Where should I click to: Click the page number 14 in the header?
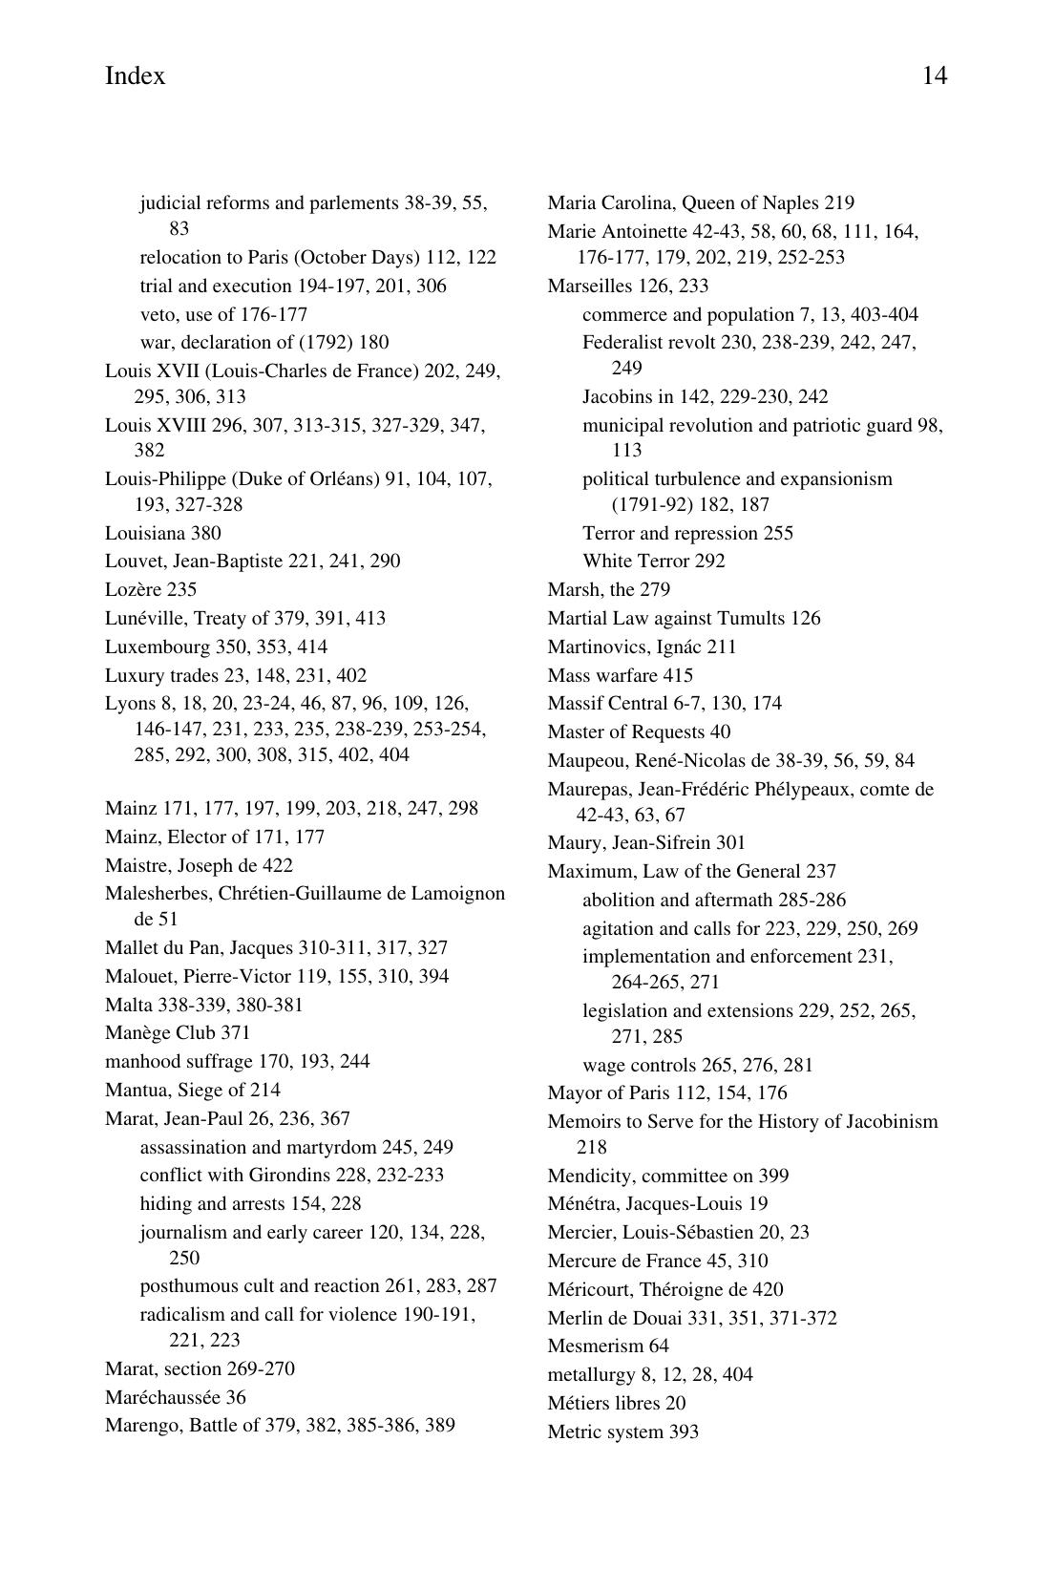(x=934, y=76)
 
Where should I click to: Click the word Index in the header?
(x=135, y=76)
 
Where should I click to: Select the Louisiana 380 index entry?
(x=162, y=533)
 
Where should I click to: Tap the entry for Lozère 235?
(x=151, y=589)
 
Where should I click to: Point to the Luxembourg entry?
(x=216, y=647)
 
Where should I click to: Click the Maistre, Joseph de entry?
(x=199, y=865)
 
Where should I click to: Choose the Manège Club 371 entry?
(x=178, y=1032)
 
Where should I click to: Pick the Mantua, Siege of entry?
(x=192, y=1090)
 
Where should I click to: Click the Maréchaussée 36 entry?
(x=175, y=1397)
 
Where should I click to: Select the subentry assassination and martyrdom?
(x=296, y=1147)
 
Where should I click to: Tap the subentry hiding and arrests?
(x=250, y=1203)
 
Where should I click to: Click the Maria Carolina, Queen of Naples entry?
(x=701, y=202)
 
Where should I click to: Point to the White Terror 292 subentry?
(x=653, y=561)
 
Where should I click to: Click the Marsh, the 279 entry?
(x=608, y=589)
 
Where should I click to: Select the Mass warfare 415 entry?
(x=620, y=675)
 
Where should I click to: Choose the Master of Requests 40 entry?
(x=639, y=731)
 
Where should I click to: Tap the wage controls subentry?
(x=697, y=1065)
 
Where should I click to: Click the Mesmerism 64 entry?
(x=608, y=1346)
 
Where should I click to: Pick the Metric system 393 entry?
(x=622, y=1431)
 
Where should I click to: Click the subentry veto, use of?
(x=223, y=314)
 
